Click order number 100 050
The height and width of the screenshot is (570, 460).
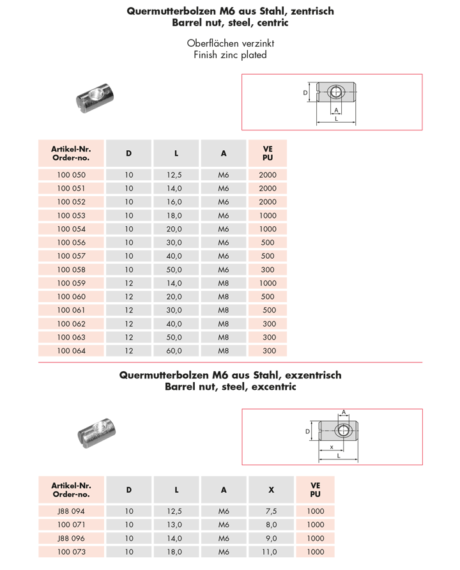point(71,175)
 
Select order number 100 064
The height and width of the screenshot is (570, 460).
point(71,350)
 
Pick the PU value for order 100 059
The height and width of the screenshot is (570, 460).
point(268,283)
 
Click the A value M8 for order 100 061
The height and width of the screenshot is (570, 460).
point(223,310)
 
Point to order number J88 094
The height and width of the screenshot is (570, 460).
point(71,511)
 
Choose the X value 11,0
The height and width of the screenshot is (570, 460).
point(271,551)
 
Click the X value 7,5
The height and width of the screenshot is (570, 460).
point(271,511)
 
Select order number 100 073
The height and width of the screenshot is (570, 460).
point(71,551)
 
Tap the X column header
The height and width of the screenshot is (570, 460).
point(271,489)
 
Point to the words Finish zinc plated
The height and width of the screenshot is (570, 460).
point(230,55)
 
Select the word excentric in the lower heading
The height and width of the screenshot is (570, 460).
point(274,387)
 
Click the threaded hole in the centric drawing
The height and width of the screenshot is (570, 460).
point(335,93)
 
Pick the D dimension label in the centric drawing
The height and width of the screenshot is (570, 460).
point(305,93)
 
